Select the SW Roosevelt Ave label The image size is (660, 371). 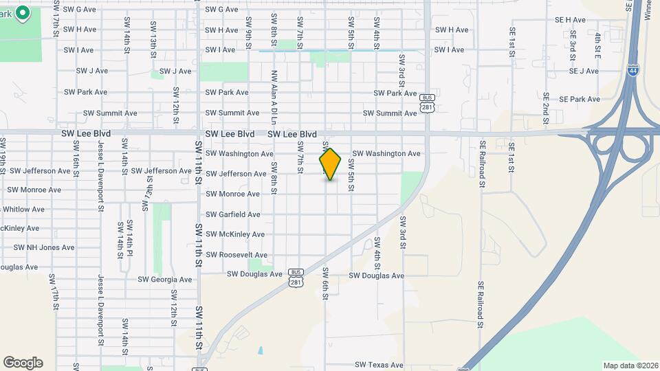[236, 255]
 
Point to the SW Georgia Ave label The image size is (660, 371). [165, 280]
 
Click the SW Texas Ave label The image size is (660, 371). [379, 366]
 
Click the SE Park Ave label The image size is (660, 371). [580, 99]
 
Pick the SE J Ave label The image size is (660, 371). [584, 71]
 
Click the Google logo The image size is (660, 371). [23, 363]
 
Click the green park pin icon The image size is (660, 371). [22, 12]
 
